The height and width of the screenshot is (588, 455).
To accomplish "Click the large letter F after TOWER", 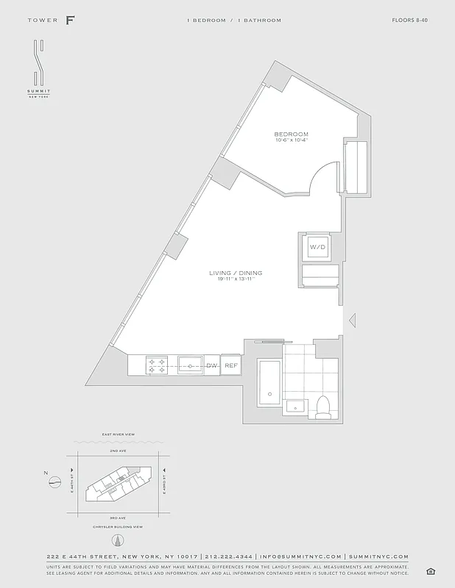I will [70, 20].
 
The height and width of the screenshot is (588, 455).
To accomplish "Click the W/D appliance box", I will [317, 247].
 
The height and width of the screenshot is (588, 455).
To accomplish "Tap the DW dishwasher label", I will [211, 365].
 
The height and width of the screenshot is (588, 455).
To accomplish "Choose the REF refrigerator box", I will [230, 365].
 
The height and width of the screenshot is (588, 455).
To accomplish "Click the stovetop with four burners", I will [157, 365].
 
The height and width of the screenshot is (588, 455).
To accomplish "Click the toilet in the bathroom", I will [322, 406].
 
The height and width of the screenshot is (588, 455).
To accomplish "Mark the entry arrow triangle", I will [352, 320].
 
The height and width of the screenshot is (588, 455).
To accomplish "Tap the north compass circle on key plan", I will [54, 482].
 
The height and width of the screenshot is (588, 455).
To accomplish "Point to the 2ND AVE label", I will [119, 450].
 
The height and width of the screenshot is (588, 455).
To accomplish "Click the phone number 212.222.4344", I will [228, 556].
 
